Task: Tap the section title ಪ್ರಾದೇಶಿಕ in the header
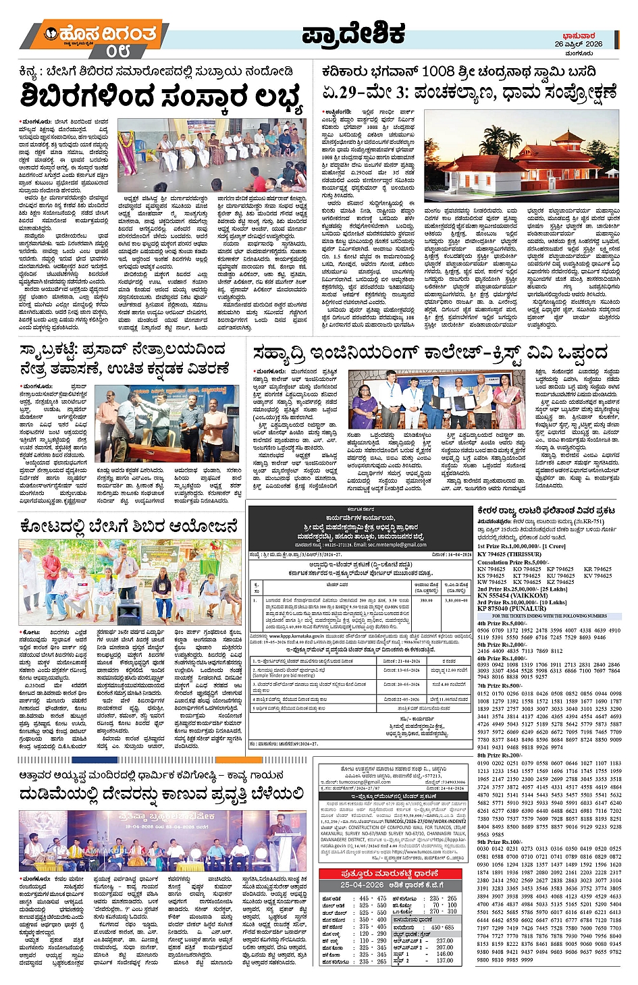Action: pos(352,34)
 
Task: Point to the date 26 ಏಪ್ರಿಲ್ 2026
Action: pos(579,43)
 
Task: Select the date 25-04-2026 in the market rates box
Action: pos(365,884)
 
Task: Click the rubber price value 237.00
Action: pos(444,940)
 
